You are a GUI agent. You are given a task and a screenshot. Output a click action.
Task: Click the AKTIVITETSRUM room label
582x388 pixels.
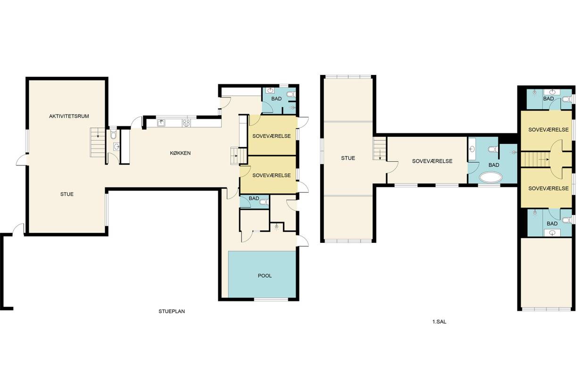click(69, 116)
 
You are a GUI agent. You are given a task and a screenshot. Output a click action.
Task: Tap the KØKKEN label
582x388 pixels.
click(180, 153)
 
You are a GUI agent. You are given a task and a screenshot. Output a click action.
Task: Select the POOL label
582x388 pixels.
click(265, 275)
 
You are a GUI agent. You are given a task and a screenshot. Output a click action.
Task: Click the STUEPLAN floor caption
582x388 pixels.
click(172, 311)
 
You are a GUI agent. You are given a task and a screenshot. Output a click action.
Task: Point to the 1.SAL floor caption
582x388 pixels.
click(439, 322)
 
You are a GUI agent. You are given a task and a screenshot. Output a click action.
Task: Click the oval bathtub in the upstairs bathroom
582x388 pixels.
click(491, 178)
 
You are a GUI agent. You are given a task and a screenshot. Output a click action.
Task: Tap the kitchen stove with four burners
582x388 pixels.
click(186, 123)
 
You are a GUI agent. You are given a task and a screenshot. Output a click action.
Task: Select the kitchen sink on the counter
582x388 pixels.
click(161, 123)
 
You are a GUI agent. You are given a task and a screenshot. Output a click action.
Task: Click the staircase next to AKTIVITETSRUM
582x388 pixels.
click(98, 142)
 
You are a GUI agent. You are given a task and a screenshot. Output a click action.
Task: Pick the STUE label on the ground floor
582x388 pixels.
click(67, 194)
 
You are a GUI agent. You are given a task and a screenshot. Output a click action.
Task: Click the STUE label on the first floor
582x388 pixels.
click(348, 158)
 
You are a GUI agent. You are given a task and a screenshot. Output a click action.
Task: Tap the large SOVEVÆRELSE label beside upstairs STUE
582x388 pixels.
click(432, 161)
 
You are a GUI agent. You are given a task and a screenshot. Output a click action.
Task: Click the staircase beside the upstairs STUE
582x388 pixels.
click(380, 149)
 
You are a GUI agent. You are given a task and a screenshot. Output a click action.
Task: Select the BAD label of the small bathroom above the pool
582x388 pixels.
click(254, 198)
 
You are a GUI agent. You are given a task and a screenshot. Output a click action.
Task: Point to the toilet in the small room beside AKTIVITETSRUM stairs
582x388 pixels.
click(113, 134)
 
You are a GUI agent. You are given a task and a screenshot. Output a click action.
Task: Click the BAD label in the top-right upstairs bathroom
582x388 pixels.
click(548, 99)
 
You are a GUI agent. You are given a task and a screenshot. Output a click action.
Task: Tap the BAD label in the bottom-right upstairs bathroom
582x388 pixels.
click(552, 223)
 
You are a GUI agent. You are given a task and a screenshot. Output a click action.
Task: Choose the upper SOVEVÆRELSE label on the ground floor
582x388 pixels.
click(272, 136)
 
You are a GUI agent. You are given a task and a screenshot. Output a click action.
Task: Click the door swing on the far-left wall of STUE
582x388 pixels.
click(21, 160)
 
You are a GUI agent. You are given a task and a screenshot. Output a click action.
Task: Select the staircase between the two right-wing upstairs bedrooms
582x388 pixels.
click(535, 159)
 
